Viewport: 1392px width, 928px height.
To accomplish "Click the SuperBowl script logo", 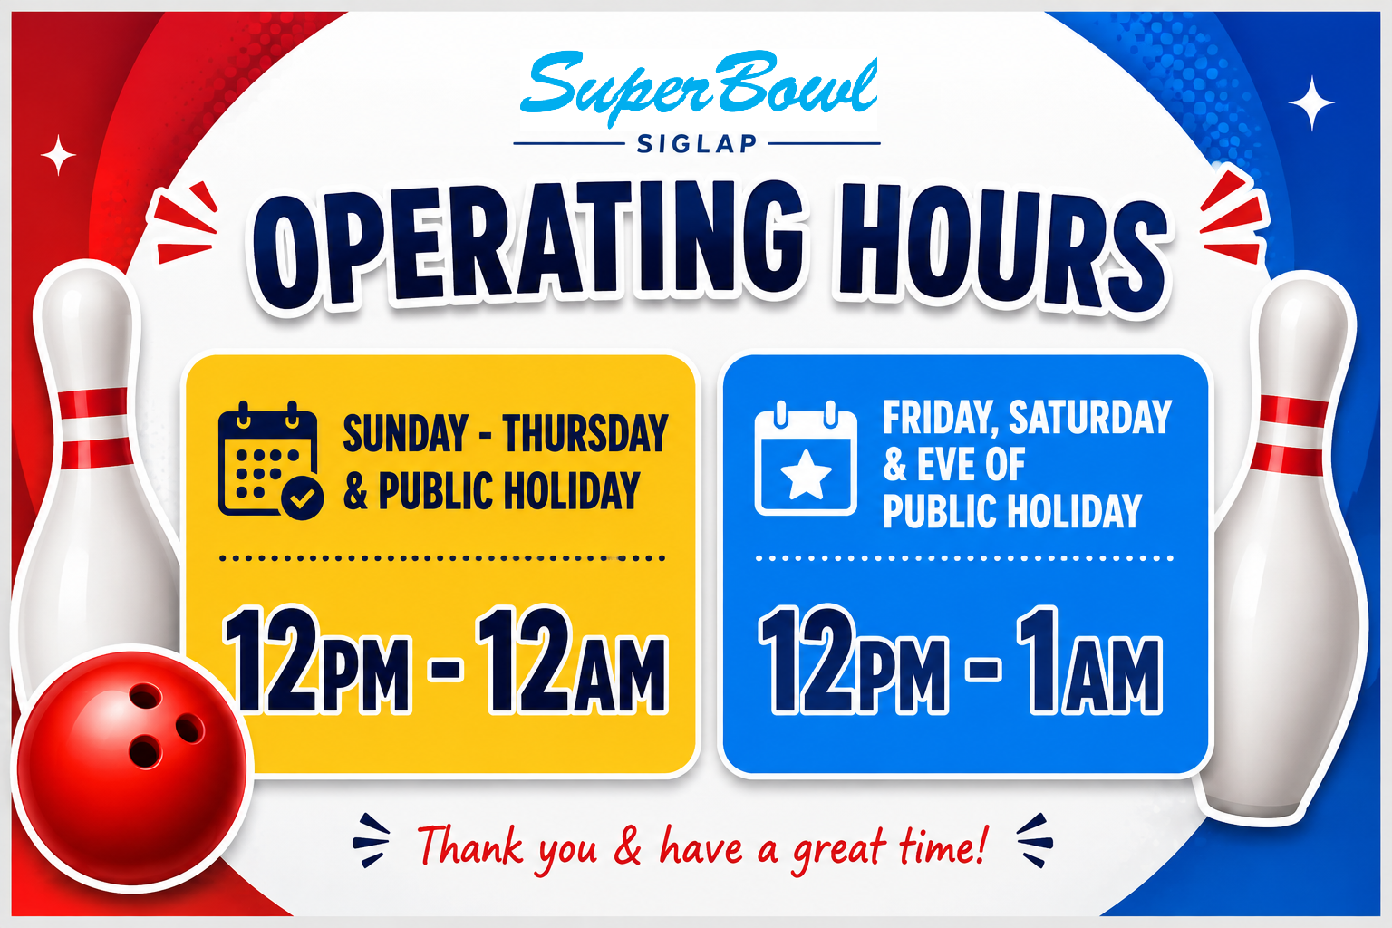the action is (699, 87).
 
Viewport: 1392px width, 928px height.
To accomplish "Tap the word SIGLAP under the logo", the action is (697, 144).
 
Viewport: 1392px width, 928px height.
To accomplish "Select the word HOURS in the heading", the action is (1001, 252).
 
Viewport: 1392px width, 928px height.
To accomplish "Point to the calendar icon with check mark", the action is (270, 460).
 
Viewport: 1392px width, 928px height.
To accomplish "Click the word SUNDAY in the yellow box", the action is (405, 433).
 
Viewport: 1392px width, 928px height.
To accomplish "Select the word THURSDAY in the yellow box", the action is (585, 433).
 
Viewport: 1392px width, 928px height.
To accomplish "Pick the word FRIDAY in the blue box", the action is (941, 418).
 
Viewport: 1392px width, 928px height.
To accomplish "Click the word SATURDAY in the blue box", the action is (1090, 417).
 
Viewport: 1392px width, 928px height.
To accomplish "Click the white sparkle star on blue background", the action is (1311, 102).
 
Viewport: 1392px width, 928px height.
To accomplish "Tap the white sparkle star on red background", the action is (58, 155).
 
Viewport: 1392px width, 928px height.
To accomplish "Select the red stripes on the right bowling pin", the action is (1290, 435).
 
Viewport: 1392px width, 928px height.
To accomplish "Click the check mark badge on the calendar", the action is (302, 498).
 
